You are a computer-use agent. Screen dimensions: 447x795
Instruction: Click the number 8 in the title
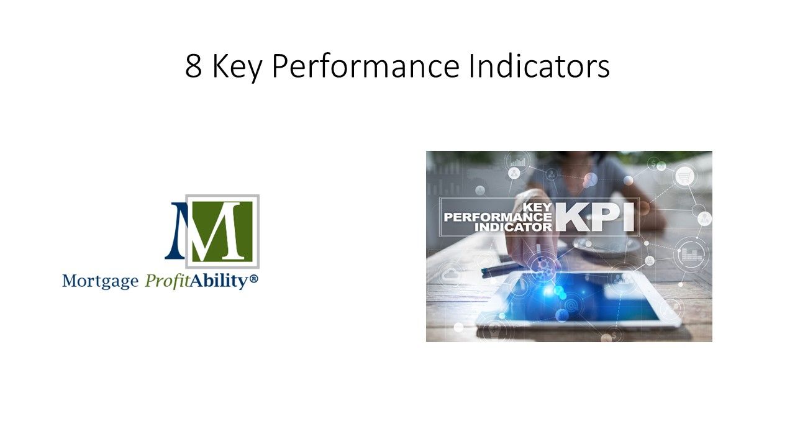pyautogui.click(x=193, y=67)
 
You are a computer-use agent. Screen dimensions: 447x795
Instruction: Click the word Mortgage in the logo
pyautogui.click(x=100, y=281)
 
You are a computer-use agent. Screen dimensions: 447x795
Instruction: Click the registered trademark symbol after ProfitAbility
pyautogui.click(x=253, y=280)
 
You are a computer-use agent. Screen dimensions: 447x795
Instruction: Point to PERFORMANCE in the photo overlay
pyautogui.click(x=497, y=217)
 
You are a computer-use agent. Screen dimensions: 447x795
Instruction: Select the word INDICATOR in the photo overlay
pyautogui.click(x=513, y=227)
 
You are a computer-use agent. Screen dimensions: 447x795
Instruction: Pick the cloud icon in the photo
pyautogui.click(x=449, y=274)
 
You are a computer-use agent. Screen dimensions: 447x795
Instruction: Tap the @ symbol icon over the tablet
pyautogui.click(x=570, y=305)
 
